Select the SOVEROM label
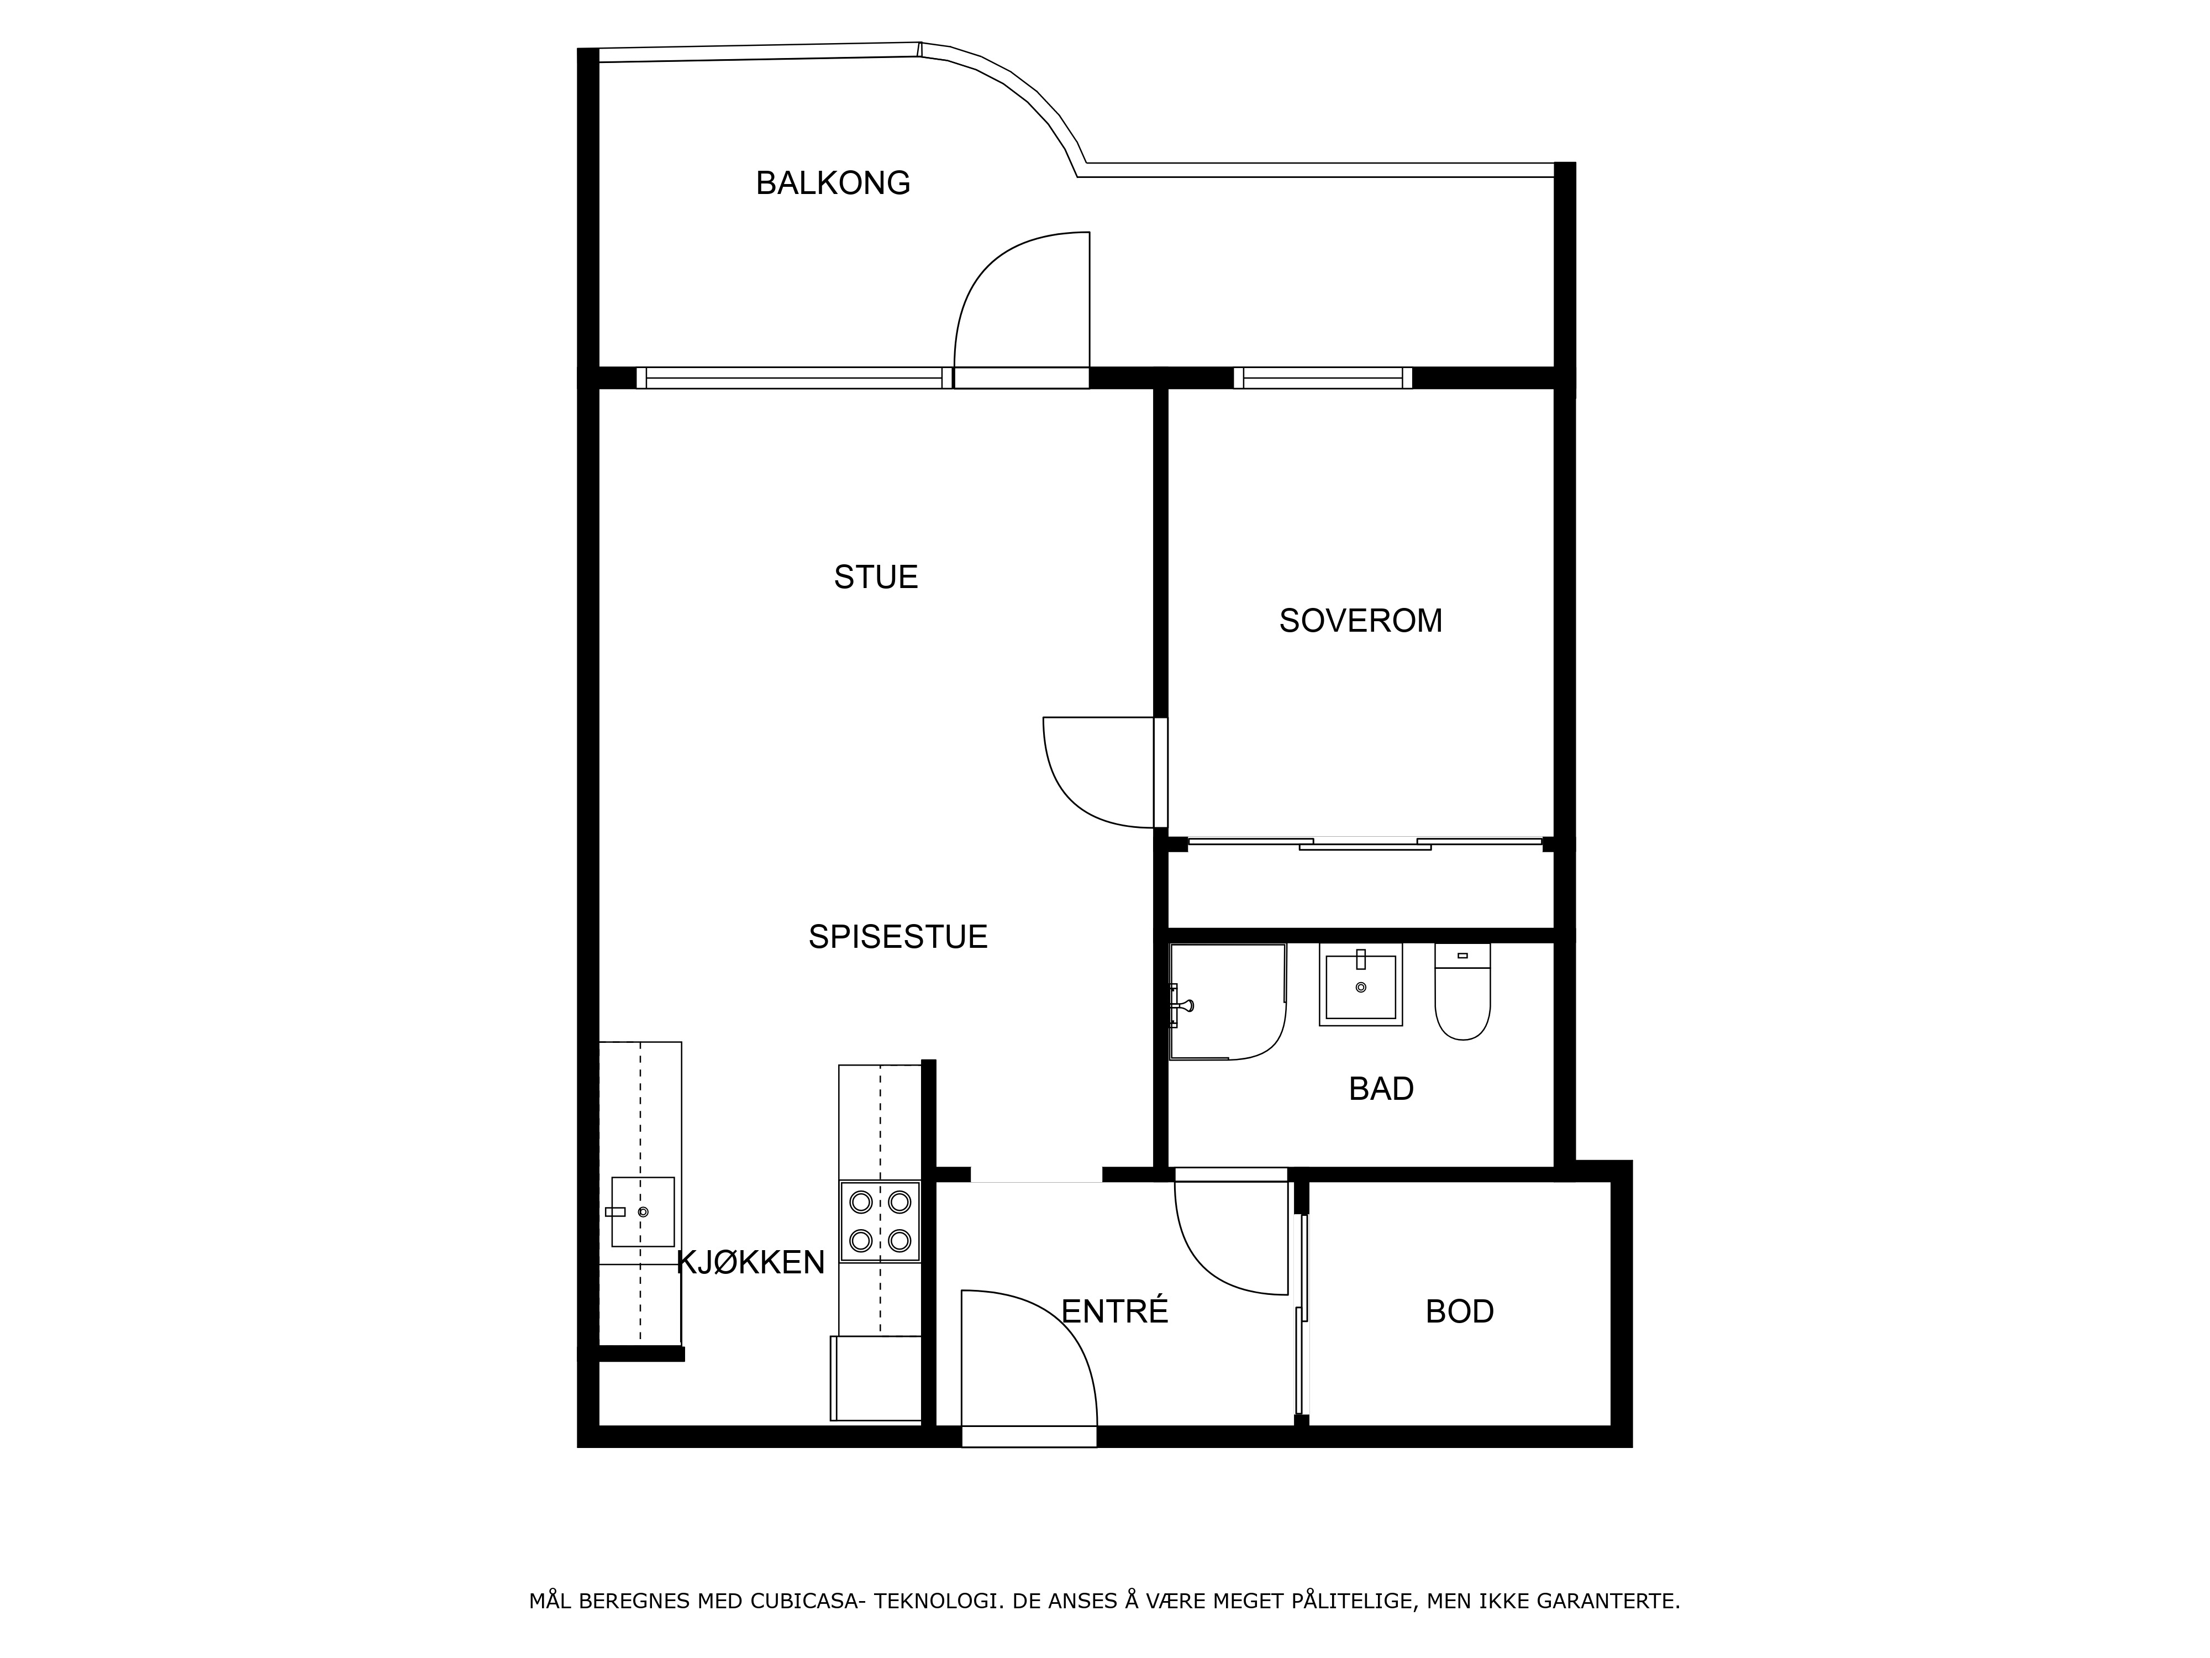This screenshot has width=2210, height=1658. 1361,621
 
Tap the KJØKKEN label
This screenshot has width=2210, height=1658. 751,1262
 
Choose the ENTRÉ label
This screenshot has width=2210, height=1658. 1114,1310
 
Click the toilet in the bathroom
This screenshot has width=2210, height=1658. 1462,991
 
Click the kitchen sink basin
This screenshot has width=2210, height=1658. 643,1211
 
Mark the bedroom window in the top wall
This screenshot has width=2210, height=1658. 1323,378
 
